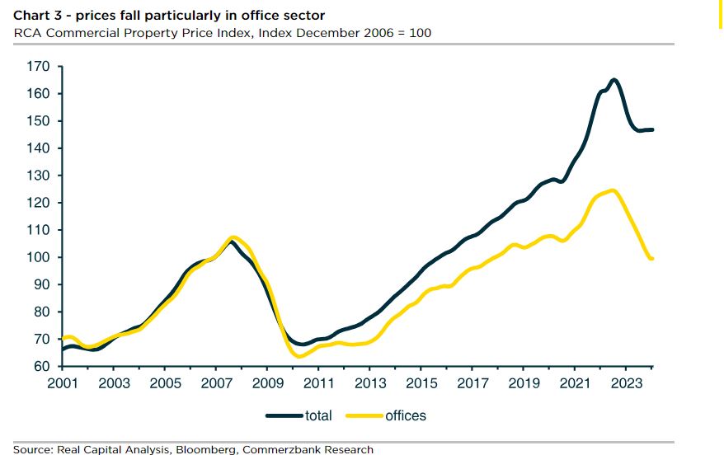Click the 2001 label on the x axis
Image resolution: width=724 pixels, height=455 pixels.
63,383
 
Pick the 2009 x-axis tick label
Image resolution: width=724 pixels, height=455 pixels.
268,383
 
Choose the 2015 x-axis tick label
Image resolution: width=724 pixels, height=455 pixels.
421,383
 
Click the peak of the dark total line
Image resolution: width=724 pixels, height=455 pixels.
614,80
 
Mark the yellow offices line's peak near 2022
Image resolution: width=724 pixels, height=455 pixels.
611,190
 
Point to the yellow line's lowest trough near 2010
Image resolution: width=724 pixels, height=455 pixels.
300,356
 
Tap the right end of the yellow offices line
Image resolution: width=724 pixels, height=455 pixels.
652,259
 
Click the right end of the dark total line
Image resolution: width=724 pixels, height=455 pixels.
652,129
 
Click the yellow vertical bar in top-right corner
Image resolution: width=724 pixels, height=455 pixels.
721,14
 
